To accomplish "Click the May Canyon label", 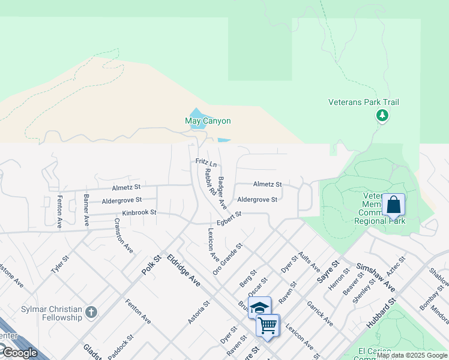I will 208,121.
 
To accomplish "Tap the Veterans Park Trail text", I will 364,103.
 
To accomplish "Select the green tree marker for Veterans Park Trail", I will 382,115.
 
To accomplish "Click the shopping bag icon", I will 394,205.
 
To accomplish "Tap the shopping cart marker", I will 267,325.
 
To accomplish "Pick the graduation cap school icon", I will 259,308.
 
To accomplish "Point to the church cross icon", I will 91,312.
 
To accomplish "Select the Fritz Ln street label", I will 206,163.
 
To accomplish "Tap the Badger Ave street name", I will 222,192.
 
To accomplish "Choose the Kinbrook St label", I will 139,213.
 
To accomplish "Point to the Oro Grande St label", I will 228,259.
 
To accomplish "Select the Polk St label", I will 152,265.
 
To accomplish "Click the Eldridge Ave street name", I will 184,271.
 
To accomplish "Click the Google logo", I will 20,353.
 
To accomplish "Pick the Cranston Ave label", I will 124,236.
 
